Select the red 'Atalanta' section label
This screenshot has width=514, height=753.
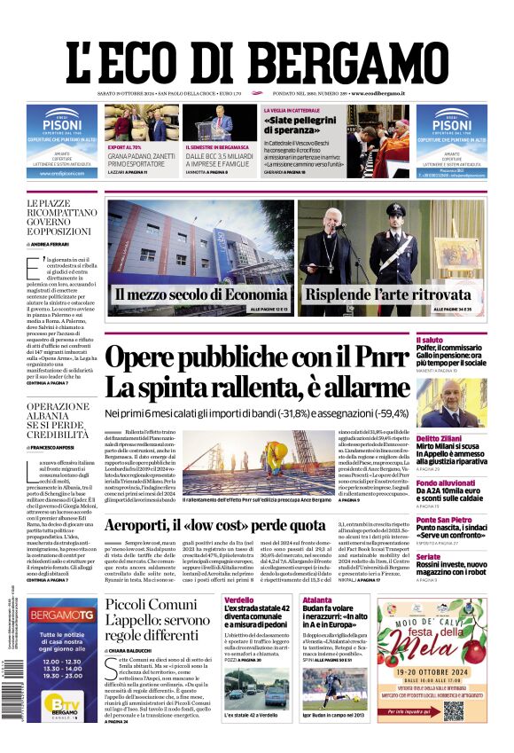[316, 600]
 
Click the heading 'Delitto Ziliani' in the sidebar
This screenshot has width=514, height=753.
[465, 438]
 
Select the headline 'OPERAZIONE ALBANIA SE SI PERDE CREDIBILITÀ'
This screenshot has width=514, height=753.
[58, 420]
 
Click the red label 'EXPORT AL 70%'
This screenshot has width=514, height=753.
[124, 147]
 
